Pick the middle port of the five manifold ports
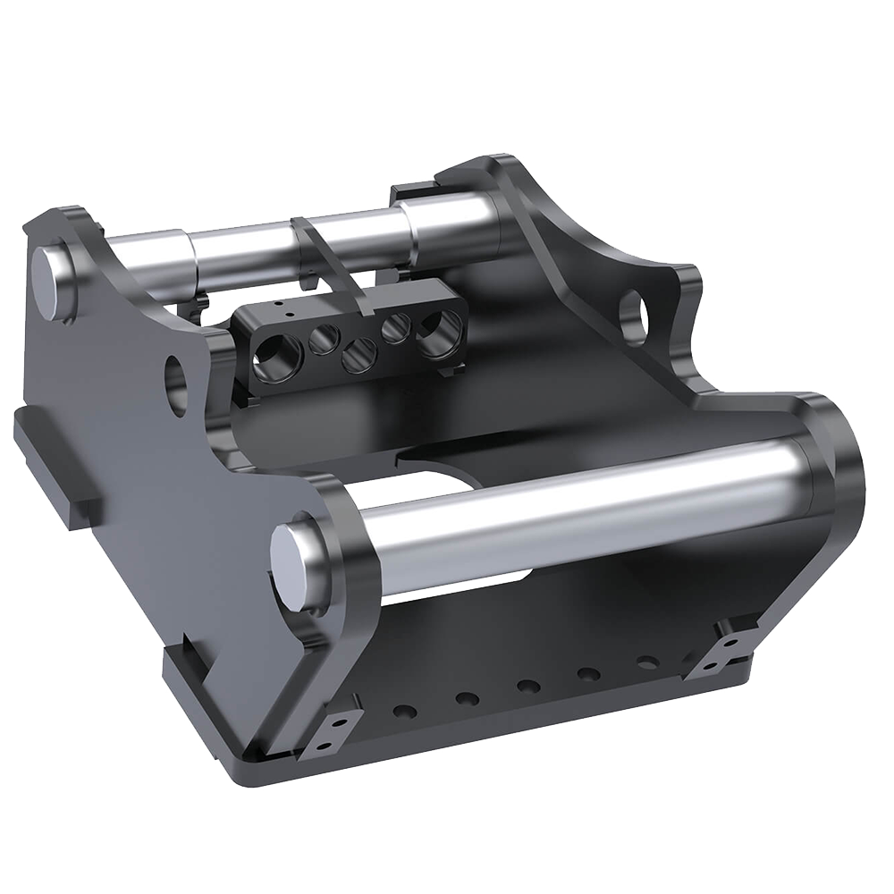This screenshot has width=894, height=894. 358,355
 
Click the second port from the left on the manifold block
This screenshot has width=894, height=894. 324,339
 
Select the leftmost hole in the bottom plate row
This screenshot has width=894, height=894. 405,712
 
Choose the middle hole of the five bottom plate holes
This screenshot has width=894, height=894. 528,687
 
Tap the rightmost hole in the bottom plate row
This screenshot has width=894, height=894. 647,662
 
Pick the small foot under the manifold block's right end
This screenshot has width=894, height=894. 452,367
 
